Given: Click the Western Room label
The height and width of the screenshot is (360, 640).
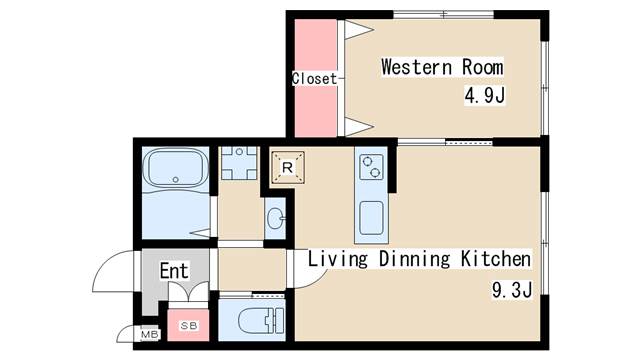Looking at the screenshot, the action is click(x=442, y=67).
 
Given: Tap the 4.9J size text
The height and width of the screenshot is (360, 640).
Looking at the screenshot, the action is click(x=484, y=96).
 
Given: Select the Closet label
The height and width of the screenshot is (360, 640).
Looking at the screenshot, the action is click(x=315, y=79).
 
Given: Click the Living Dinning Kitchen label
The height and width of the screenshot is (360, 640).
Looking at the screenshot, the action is click(x=419, y=259).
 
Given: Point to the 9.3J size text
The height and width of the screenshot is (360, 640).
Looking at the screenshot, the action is click(x=512, y=290).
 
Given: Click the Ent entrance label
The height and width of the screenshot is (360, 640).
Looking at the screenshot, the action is click(x=174, y=271).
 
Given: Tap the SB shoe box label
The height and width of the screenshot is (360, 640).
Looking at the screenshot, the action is click(x=189, y=326).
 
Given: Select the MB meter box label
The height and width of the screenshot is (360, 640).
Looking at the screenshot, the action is click(x=149, y=335).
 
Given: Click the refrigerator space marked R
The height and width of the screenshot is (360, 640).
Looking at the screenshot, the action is click(x=288, y=167).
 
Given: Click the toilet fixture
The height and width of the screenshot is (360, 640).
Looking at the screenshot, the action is click(x=260, y=320).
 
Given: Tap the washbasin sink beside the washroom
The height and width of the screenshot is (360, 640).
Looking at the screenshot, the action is click(x=276, y=218).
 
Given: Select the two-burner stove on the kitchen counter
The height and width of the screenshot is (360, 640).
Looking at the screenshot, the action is click(x=371, y=167).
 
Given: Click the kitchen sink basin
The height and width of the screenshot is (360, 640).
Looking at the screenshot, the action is click(x=371, y=218).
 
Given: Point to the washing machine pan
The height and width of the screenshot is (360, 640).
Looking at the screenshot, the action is click(x=239, y=163).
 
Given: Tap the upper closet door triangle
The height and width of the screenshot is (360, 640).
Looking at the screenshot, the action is click(x=359, y=30).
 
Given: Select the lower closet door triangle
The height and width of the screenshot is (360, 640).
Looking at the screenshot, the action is click(x=359, y=127).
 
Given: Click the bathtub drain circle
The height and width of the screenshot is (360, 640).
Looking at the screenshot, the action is click(x=176, y=180).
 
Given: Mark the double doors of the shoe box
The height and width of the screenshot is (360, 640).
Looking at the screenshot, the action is click(x=189, y=292).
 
